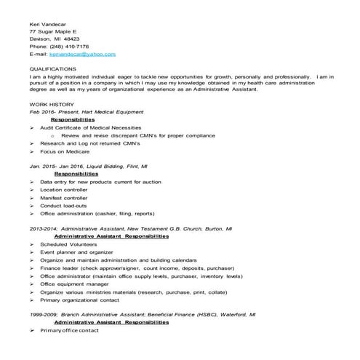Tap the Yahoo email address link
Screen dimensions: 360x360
pyautogui.click(x=81, y=54)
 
